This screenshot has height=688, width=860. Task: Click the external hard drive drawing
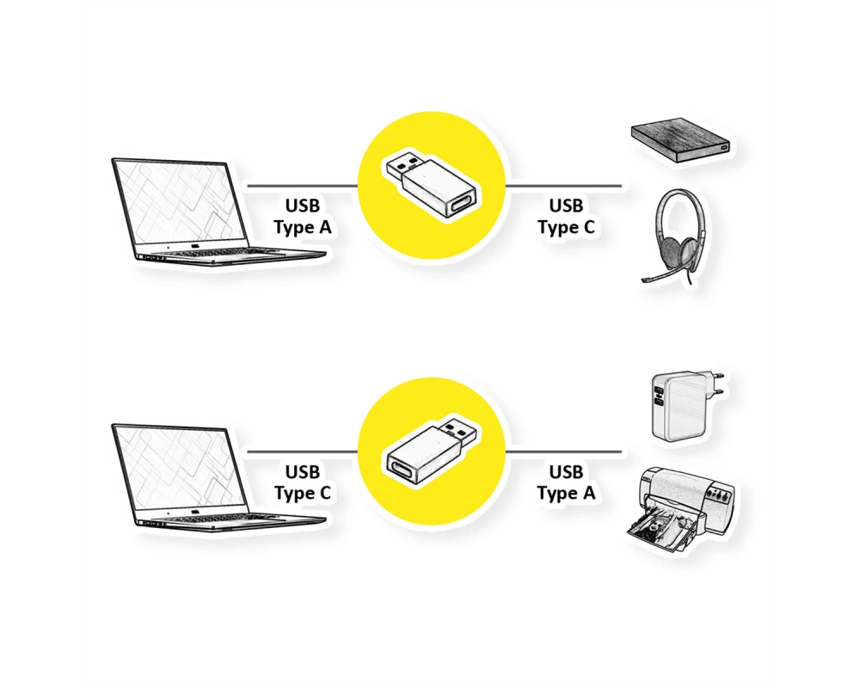(x=680, y=140)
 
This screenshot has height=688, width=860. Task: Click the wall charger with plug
(x=680, y=407)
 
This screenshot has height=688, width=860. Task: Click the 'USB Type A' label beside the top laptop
(x=302, y=216)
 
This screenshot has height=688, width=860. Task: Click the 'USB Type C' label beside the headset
(x=566, y=216)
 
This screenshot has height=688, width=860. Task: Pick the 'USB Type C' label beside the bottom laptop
(x=302, y=482)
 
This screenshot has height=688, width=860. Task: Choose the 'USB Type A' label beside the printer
(x=566, y=482)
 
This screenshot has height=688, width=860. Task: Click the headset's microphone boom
(x=660, y=275)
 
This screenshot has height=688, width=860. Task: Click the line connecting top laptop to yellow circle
(x=302, y=186)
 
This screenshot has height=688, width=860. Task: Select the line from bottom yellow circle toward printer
(x=564, y=452)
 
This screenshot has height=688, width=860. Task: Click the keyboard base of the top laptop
(x=230, y=255)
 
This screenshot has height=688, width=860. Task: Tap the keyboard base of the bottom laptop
(x=230, y=522)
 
